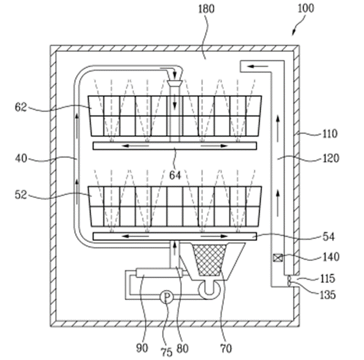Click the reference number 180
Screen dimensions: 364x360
click(206, 9)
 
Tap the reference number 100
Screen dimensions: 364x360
click(306, 9)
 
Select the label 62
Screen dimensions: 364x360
click(21, 108)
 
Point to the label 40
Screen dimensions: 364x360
click(21, 159)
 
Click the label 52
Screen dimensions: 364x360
click(21, 195)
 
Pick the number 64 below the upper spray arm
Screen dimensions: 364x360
click(175, 175)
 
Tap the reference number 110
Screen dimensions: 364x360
click(330, 134)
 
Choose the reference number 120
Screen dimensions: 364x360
click(331, 158)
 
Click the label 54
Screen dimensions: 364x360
click(329, 237)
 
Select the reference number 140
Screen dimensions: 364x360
click(331, 257)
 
